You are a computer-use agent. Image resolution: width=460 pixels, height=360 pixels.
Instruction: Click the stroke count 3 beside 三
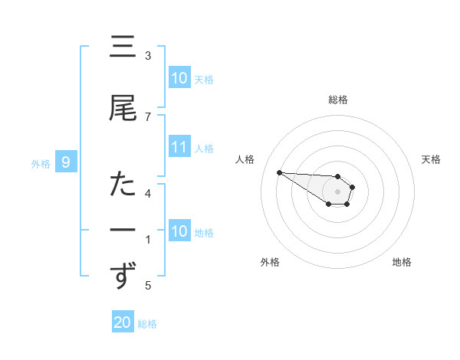click(148, 56)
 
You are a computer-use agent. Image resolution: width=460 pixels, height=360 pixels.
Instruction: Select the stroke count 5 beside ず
click(148, 286)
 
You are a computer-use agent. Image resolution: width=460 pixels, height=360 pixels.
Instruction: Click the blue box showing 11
click(179, 147)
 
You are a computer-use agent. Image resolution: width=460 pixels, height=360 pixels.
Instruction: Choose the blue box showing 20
click(123, 323)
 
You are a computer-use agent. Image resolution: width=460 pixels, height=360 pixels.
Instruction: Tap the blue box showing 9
click(67, 162)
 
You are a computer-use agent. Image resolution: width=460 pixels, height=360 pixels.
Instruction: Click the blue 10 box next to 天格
click(179, 78)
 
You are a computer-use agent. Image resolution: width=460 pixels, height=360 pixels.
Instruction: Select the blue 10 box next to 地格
click(179, 231)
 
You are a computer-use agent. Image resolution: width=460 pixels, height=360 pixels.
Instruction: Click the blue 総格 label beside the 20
click(147, 324)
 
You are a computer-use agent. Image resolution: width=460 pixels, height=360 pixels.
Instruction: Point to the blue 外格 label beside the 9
click(41, 162)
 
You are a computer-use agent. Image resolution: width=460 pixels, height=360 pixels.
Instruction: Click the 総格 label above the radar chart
click(338, 100)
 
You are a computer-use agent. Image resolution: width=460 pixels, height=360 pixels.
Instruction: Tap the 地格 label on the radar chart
click(402, 262)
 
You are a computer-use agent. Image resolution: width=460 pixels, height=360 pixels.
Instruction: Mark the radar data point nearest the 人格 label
click(279, 172)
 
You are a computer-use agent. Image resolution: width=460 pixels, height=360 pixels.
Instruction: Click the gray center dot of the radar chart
click(337, 191)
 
